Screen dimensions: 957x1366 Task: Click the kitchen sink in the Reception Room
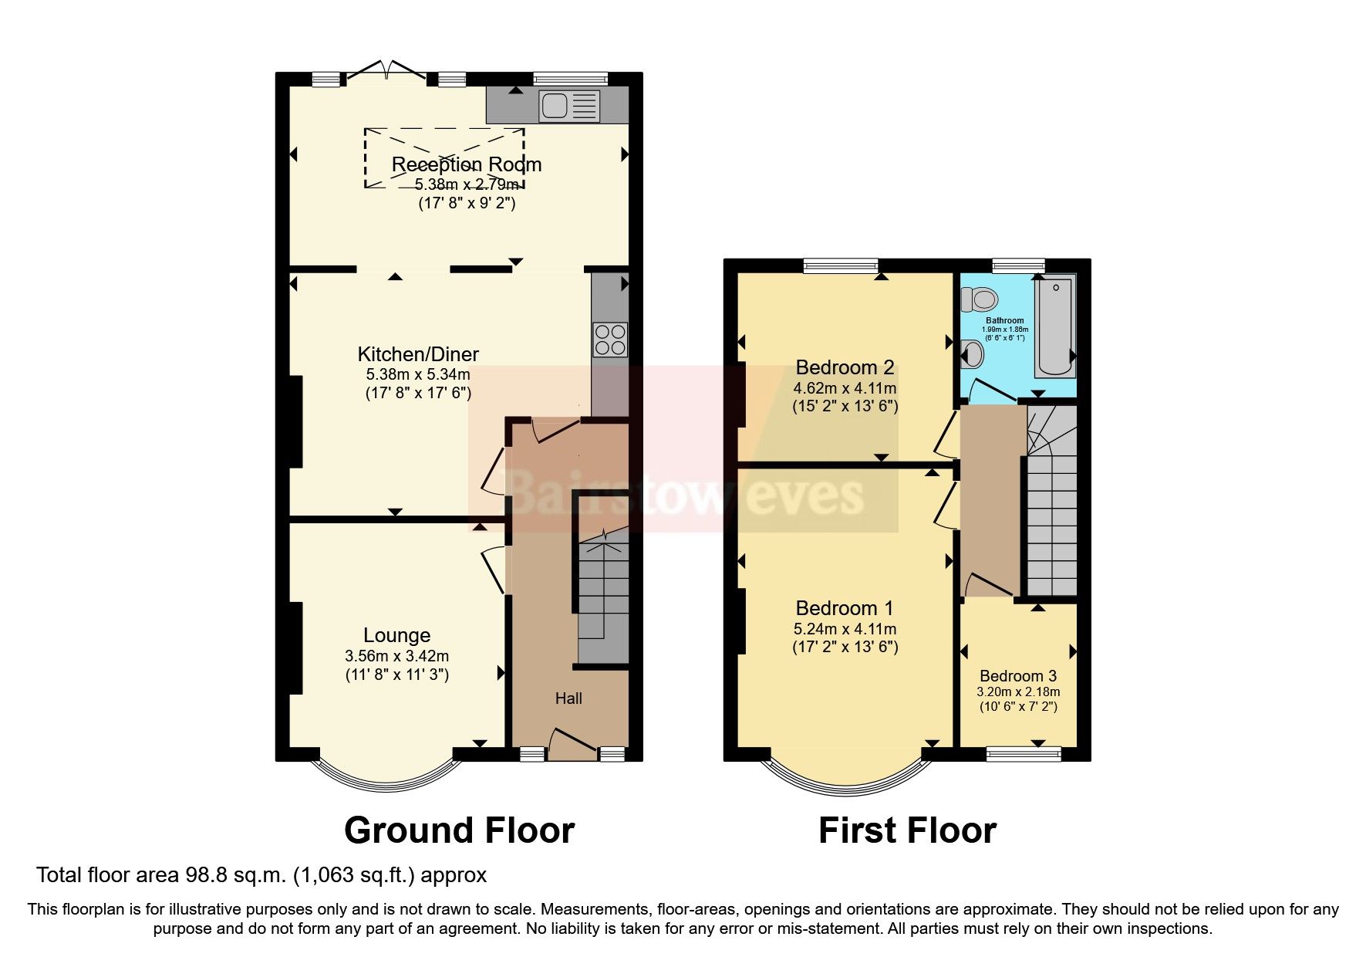[x=569, y=106]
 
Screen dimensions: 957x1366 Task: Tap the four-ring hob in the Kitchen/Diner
[x=609, y=339]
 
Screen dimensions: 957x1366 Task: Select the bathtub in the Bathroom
[x=1054, y=327]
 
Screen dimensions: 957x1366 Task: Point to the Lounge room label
[x=396, y=635]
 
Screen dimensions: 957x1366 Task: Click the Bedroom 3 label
[x=1017, y=676]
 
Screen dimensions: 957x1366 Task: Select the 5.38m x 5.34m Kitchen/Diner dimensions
[x=417, y=374]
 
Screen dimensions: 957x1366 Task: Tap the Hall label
[x=568, y=698]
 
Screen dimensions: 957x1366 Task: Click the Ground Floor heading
[x=459, y=830]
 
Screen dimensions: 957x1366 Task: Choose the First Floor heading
[x=907, y=830]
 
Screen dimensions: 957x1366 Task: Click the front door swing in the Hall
[x=571, y=739]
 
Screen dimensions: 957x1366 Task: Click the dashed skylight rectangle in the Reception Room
[x=444, y=158]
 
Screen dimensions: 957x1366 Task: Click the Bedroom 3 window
[x=1024, y=754]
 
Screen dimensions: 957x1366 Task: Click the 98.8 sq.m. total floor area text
[x=261, y=875]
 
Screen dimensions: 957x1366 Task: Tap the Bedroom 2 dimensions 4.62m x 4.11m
[x=845, y=388]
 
